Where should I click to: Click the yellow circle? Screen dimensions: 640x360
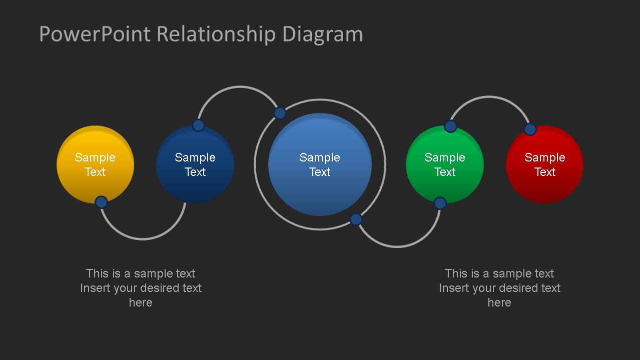[x=95, y=164]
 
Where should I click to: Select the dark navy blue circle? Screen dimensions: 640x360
[x=195, y=164]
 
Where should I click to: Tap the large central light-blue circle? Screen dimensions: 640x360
[x=320, y=164]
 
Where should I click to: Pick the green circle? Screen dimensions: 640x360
[x=445, y=164]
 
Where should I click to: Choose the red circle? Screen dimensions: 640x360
[x=545, y=164]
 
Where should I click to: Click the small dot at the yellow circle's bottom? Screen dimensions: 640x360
[x=102, y=202]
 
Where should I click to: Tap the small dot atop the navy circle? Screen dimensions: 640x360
[x=199, y=125]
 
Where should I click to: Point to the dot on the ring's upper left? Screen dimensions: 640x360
[x=280, y=113]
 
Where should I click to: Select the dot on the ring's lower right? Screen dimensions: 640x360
[x=356, y=219]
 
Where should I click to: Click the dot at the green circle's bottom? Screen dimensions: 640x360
[x=440, y=203]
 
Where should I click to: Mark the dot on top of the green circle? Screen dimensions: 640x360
[x=450, y=126]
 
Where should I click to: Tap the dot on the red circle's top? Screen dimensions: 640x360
[x=530, y=129]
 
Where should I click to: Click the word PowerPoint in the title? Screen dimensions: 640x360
[x=95, y=34]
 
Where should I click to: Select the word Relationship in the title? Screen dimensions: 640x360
[x=216, y=34]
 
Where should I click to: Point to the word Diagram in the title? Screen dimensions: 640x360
[x=323, y=35]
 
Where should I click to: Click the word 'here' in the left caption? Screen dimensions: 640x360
[x=141, y=302]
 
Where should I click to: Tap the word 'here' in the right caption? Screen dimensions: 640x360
[x=499, y=302]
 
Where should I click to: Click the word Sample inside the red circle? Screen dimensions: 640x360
[x=545, y=157]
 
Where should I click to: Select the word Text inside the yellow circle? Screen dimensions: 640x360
[x=95, y=172]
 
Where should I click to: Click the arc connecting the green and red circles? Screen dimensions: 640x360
[x=489, y=97]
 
